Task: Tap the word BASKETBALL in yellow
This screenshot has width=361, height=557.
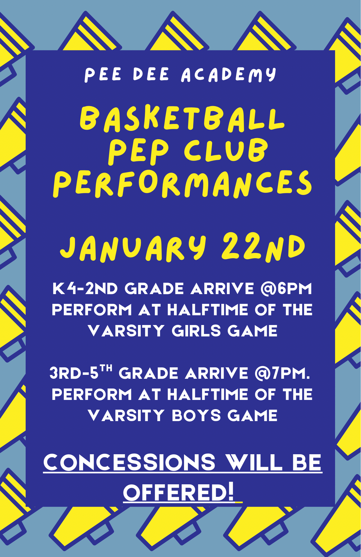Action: pos(182,119)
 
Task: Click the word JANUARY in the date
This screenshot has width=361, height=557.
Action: pos(133,248)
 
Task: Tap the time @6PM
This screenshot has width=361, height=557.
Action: pos(286,289)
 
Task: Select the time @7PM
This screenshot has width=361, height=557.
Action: pos(282,373)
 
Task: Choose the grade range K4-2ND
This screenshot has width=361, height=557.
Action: pos(85,289)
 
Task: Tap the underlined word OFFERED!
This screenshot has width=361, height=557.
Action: pos(179,493)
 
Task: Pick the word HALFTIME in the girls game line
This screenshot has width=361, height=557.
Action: pos(208,310)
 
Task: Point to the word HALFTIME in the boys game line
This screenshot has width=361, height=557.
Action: pos(208,394)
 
